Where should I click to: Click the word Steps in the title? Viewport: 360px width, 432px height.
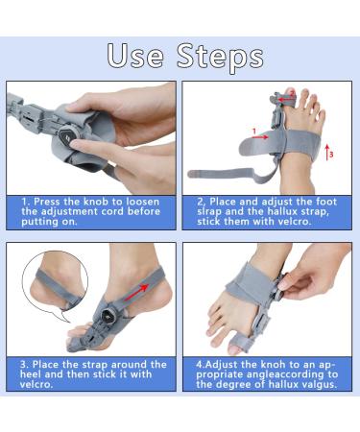(219, 57)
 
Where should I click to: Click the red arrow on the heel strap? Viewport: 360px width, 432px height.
(138, 286)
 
